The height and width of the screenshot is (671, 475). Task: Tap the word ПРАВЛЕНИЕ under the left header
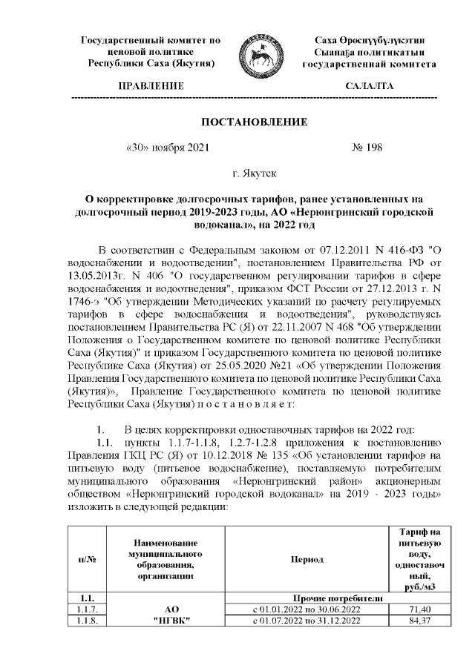[x=151, y=87]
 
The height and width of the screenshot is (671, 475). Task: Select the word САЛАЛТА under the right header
[x=369, y=87]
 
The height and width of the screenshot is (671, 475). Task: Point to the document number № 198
[x=366, y=148]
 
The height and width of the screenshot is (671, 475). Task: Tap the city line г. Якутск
[x=255, y=174]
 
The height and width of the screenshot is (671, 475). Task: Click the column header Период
[x=307, y=559]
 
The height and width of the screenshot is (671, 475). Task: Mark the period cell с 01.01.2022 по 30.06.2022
[x=307, y=609]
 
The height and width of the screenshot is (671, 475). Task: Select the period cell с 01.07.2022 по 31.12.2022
[x=307, y=620]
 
